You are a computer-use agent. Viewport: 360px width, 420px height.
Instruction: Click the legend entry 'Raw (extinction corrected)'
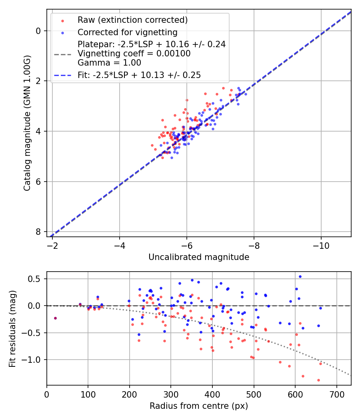132,20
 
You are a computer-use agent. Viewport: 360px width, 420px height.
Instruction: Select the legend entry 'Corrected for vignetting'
127,32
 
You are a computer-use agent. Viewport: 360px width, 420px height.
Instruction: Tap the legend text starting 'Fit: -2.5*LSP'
139,75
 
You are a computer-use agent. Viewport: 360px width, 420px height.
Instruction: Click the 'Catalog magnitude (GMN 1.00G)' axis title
27,123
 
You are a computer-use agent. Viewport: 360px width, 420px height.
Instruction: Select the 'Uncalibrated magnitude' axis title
199,257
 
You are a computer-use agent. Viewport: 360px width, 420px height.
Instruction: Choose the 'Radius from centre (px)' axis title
199,406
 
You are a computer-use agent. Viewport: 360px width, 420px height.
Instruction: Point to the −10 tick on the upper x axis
321,245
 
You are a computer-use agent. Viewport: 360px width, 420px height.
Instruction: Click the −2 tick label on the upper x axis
52,245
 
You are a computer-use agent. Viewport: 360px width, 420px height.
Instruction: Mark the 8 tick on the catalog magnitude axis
38,232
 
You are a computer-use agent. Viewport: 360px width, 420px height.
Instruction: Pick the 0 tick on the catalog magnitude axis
38,31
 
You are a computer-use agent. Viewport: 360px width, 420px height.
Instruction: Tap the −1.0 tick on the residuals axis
34,360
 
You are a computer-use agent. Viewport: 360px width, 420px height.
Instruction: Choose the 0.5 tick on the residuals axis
36,279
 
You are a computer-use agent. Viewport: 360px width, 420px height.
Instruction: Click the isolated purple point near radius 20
55,318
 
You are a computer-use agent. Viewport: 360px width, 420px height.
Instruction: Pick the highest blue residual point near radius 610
300,276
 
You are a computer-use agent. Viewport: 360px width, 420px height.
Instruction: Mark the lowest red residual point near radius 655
318,380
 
